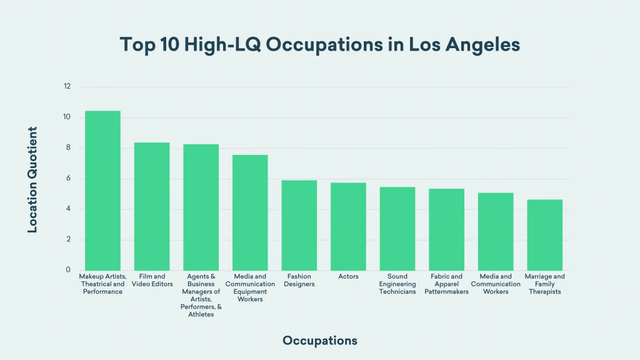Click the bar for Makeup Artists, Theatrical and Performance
point(102,191)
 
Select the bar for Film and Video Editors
point(152,206)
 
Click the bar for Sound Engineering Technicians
point(397,229)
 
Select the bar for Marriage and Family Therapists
point(544,235)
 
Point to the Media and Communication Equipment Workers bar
point(250,212)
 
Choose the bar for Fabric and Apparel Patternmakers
point(446,229)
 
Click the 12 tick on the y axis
point(67,87)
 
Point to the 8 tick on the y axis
point(67,148)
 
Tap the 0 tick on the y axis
point(67,271)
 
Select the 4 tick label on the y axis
point(67,209)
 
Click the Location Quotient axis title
point(32,180)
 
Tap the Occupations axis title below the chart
point(320,341)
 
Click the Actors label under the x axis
point(348,276)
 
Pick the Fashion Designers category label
point(299,280)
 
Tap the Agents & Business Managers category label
point(201,295)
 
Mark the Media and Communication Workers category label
point(496,284)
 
